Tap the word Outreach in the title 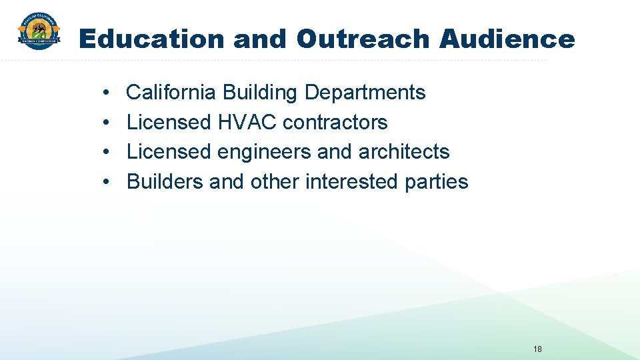[x=363, y=39]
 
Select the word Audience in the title [x=507, y=39]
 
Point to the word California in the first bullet [x=171, y=93]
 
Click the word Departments [x=365, y=93]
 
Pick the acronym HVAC [x=247, y=123]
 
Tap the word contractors [x=335, y=123]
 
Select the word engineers [x=265, y=152]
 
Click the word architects [x=404, y=152]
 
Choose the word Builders [x=165, y=181]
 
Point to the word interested [x=345, y=181]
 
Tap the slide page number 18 [x=538, y=349]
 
